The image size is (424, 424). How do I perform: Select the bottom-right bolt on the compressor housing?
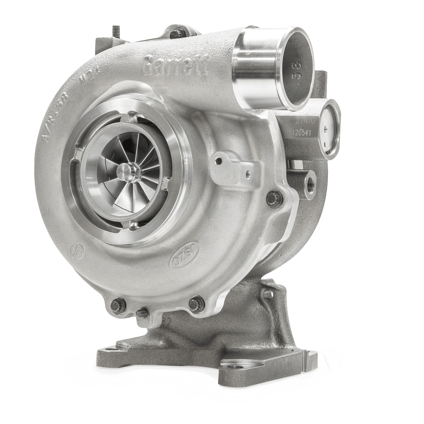coord(196,304)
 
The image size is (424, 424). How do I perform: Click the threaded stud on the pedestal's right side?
coord(268,295)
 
